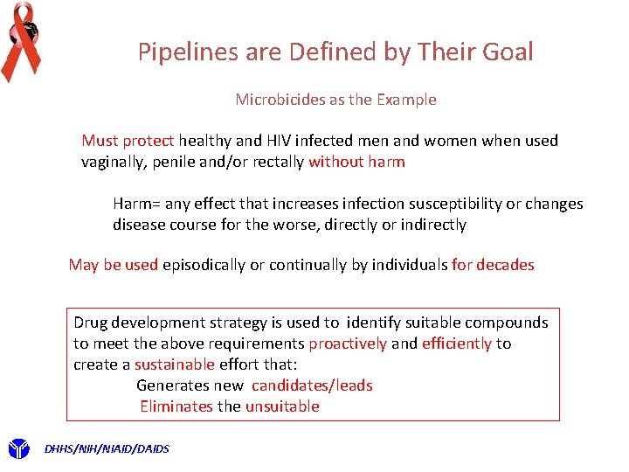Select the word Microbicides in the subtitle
click(x=279, y=100)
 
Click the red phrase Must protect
click(x=128, y=141)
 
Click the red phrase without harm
click(x=356, y=162)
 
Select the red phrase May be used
click(x=113, y=265)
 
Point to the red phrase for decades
click(x=493, y=265)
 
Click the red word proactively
click(x=347, y=344)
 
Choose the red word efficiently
click(x=456, y=344)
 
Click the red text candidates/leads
click(x=312, y=385)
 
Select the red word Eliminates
click(x=176, y=406)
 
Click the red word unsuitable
click(x=282, y=406)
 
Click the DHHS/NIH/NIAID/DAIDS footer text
click(x=107, y=449)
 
